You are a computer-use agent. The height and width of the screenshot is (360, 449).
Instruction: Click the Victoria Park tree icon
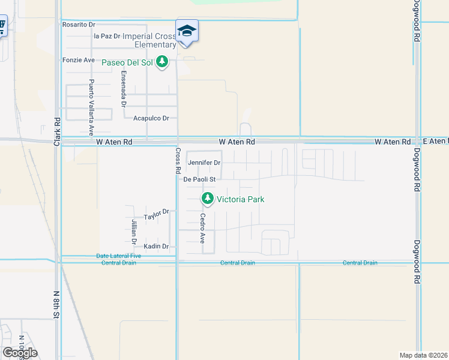click(x=208, y=198)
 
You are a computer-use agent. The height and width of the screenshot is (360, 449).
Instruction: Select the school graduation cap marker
click(x=187, y=31)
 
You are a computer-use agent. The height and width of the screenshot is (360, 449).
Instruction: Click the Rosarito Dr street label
click(x=79, y=25)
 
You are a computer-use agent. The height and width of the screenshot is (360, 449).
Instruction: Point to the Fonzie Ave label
click(x=79, y=60)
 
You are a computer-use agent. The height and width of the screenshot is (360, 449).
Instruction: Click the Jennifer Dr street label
click(x=204, y=163)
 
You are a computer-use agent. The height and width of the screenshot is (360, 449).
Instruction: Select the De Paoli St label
click(x=199, y=179)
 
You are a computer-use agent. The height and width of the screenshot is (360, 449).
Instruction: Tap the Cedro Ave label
click(x=203, y=228)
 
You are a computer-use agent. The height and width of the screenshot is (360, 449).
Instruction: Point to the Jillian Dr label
click(x=134, y=231)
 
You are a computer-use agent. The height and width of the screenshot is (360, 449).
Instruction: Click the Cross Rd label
click(x=178, y=161)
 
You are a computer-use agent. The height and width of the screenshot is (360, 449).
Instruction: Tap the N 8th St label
click(x=56, y=304)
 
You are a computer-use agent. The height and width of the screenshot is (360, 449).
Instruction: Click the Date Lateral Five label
click(x=119, y=256)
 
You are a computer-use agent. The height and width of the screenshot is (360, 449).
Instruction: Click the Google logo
click(x=19, y=353)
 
